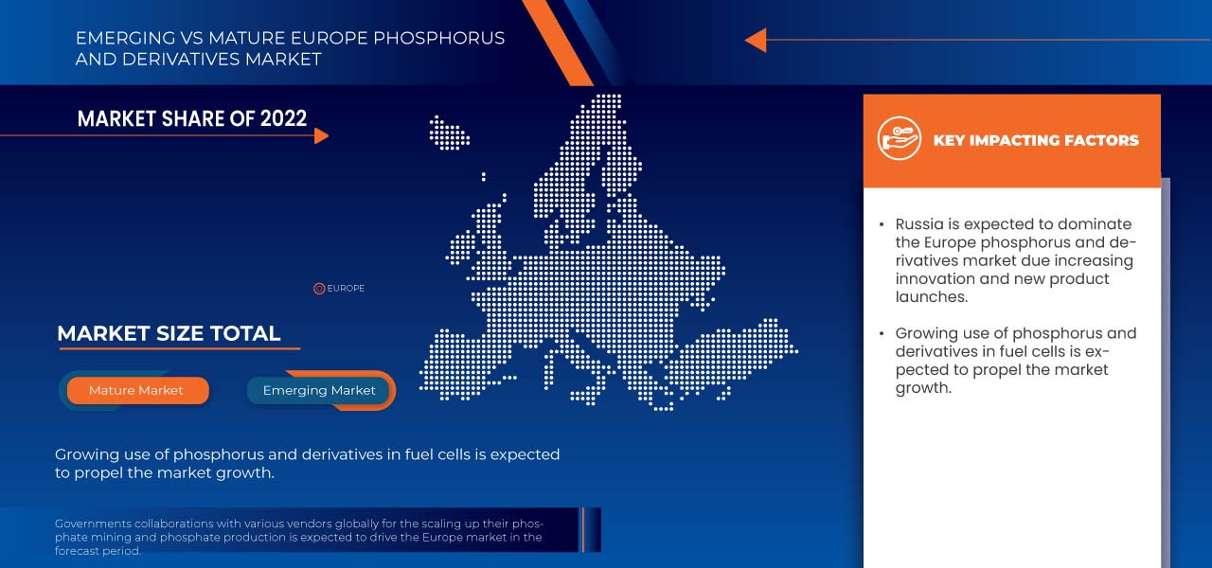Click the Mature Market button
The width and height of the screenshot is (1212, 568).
pos(136,390)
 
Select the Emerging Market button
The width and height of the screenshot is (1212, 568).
pos(319,390)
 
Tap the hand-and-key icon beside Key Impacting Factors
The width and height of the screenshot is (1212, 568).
pos(899,140)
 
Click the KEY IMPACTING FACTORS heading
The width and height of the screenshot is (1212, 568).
pos(1036,140)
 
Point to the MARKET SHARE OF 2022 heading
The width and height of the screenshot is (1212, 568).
pos(192,118)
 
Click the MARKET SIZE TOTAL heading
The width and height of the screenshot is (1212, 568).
pos(169,333)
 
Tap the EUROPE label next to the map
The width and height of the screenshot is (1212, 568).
pos(346,289)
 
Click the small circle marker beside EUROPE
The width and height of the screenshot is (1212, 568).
pos(319,289)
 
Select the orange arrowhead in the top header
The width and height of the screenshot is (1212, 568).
pos(755,40)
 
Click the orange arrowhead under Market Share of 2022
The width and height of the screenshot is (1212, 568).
pos(321,135)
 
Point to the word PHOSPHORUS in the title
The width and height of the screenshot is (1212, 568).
pos(439,39)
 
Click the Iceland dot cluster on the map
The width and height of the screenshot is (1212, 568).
pos(449,133)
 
